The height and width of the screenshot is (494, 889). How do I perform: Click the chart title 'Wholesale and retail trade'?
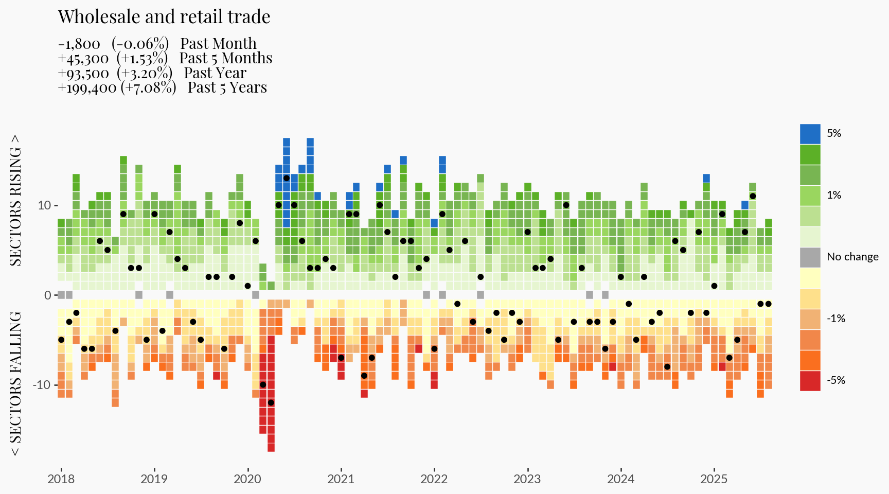pyautogui.click(x=164, y=17)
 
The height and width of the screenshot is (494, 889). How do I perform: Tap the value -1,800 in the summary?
pyautogui.click(x=79, y=44)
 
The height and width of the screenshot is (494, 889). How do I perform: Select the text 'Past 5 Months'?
pyautogui.click(x=226, y=58)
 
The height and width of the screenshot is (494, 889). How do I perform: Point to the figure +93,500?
pyautogui.click(x=83, y=74)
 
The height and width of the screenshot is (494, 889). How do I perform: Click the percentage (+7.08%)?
pyautogui.click(x=149, y=88)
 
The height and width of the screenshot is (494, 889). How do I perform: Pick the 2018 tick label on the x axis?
pyautogui.click(x=61, y=479)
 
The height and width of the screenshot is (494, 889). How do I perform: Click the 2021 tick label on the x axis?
pyautogui.click(x=341, y=479)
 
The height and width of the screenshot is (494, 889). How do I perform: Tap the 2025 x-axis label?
pyautogui.click(x=714, y=479)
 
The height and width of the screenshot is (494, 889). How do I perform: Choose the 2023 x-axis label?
pyautogui.click(x=527, y=479)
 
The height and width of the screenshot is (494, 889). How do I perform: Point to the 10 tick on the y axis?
pyautogui.click(x=44, y=205)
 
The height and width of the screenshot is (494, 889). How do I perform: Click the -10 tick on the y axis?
pyautogui.click(x=42, y=385)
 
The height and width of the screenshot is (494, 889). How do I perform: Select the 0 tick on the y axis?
pyautogui.click(x=48, y=295)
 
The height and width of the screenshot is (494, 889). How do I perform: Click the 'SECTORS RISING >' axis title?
pyautogui.click(x=16, y=200)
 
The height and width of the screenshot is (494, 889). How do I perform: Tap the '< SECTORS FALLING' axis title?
pyautogui.click(x=16, y=383)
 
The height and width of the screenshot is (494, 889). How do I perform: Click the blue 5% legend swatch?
pyautogui.click(x=810, y=134)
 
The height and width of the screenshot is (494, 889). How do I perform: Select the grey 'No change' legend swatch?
pyautogui.click(x=810, y=257)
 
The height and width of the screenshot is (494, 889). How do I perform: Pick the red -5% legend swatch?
pyautogui.click(x=810, y=381)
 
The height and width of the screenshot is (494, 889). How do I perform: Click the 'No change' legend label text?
pyautogui.click(x=852, y=257)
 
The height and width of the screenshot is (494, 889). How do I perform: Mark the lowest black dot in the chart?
pyautogui.click(x=271, y=402)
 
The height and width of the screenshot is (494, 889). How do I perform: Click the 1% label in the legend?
pyautogui.click(x=833, y=195)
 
